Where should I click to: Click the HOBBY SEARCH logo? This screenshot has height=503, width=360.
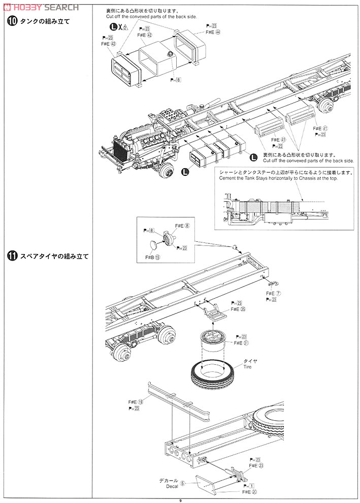point(41,7)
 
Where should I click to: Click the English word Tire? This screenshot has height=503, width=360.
point(247,367)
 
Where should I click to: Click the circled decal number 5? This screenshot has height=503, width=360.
point(183,483)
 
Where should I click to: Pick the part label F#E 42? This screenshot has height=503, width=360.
point(145,36)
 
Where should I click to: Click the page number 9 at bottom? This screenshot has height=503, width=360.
point(180,499)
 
